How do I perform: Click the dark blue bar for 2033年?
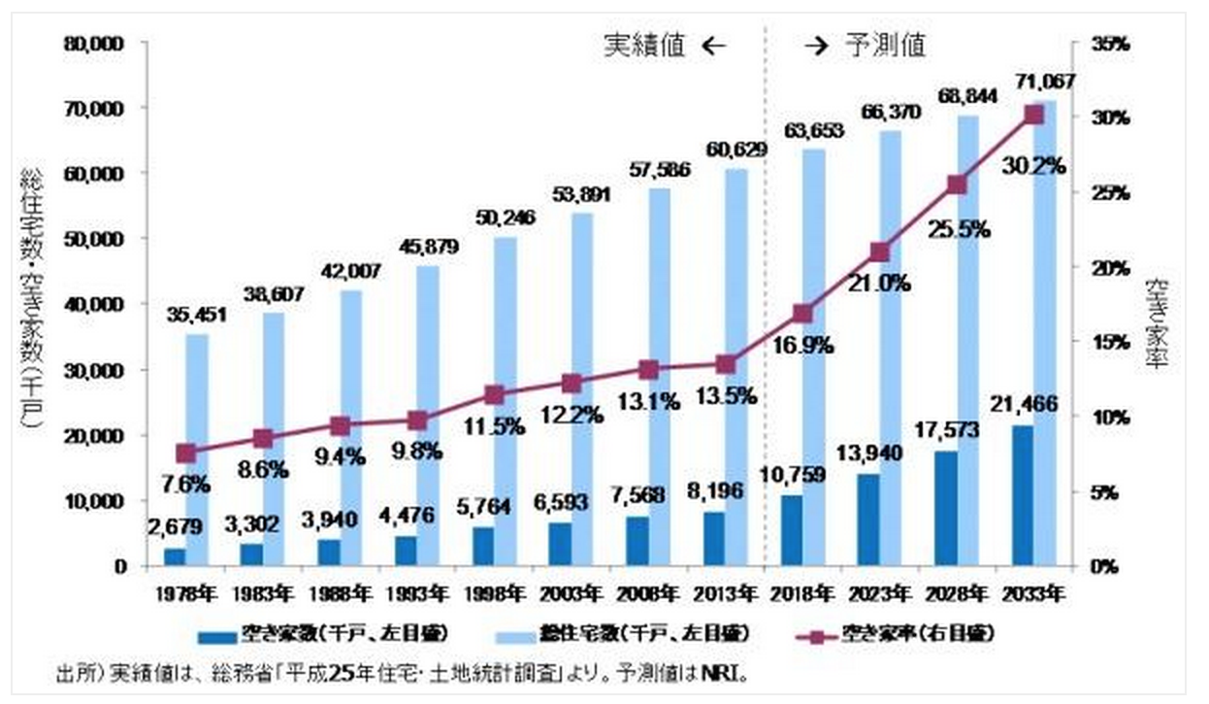pyautogui.click(x=1023, y=495)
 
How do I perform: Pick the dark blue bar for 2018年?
pyautogui.click(x=792, y=530)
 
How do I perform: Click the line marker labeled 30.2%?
pyautogui.click(x=1033, y=116)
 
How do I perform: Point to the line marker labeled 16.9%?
pyautogui.click(x=802, y=314)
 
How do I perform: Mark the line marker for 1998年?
pyautogui.click(x=494, y=394)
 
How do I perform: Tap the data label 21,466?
pyautogui.click(x=1022, y=403)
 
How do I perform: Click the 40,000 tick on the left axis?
pyautogui.click(x=94, y=304)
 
